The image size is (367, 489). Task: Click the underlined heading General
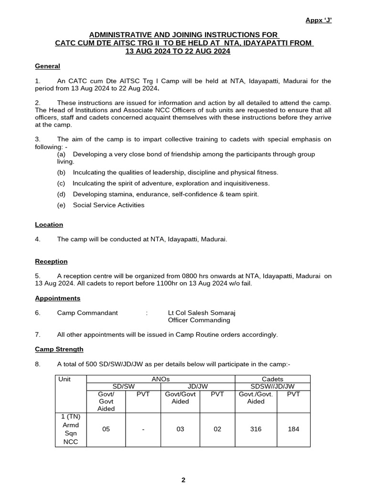47,66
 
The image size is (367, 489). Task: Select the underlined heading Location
49,224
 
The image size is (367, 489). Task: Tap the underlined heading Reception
51,261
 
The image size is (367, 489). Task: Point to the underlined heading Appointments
57,298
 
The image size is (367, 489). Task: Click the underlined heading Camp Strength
59,349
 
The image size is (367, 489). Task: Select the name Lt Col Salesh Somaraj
198,313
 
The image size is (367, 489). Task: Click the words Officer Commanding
192,320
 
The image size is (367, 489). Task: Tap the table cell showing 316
256,429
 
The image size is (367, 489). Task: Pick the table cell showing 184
293,429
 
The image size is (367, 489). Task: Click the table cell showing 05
106,429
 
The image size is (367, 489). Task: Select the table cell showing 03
180,429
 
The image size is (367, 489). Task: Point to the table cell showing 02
217,429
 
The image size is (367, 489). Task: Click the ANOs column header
161,379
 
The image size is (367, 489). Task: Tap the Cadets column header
272,379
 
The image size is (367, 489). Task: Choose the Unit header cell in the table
65,379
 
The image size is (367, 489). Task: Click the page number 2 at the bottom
183,480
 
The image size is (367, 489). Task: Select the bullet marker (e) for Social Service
61,205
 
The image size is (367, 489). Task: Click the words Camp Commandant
87,313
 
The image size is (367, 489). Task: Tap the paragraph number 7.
38,334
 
